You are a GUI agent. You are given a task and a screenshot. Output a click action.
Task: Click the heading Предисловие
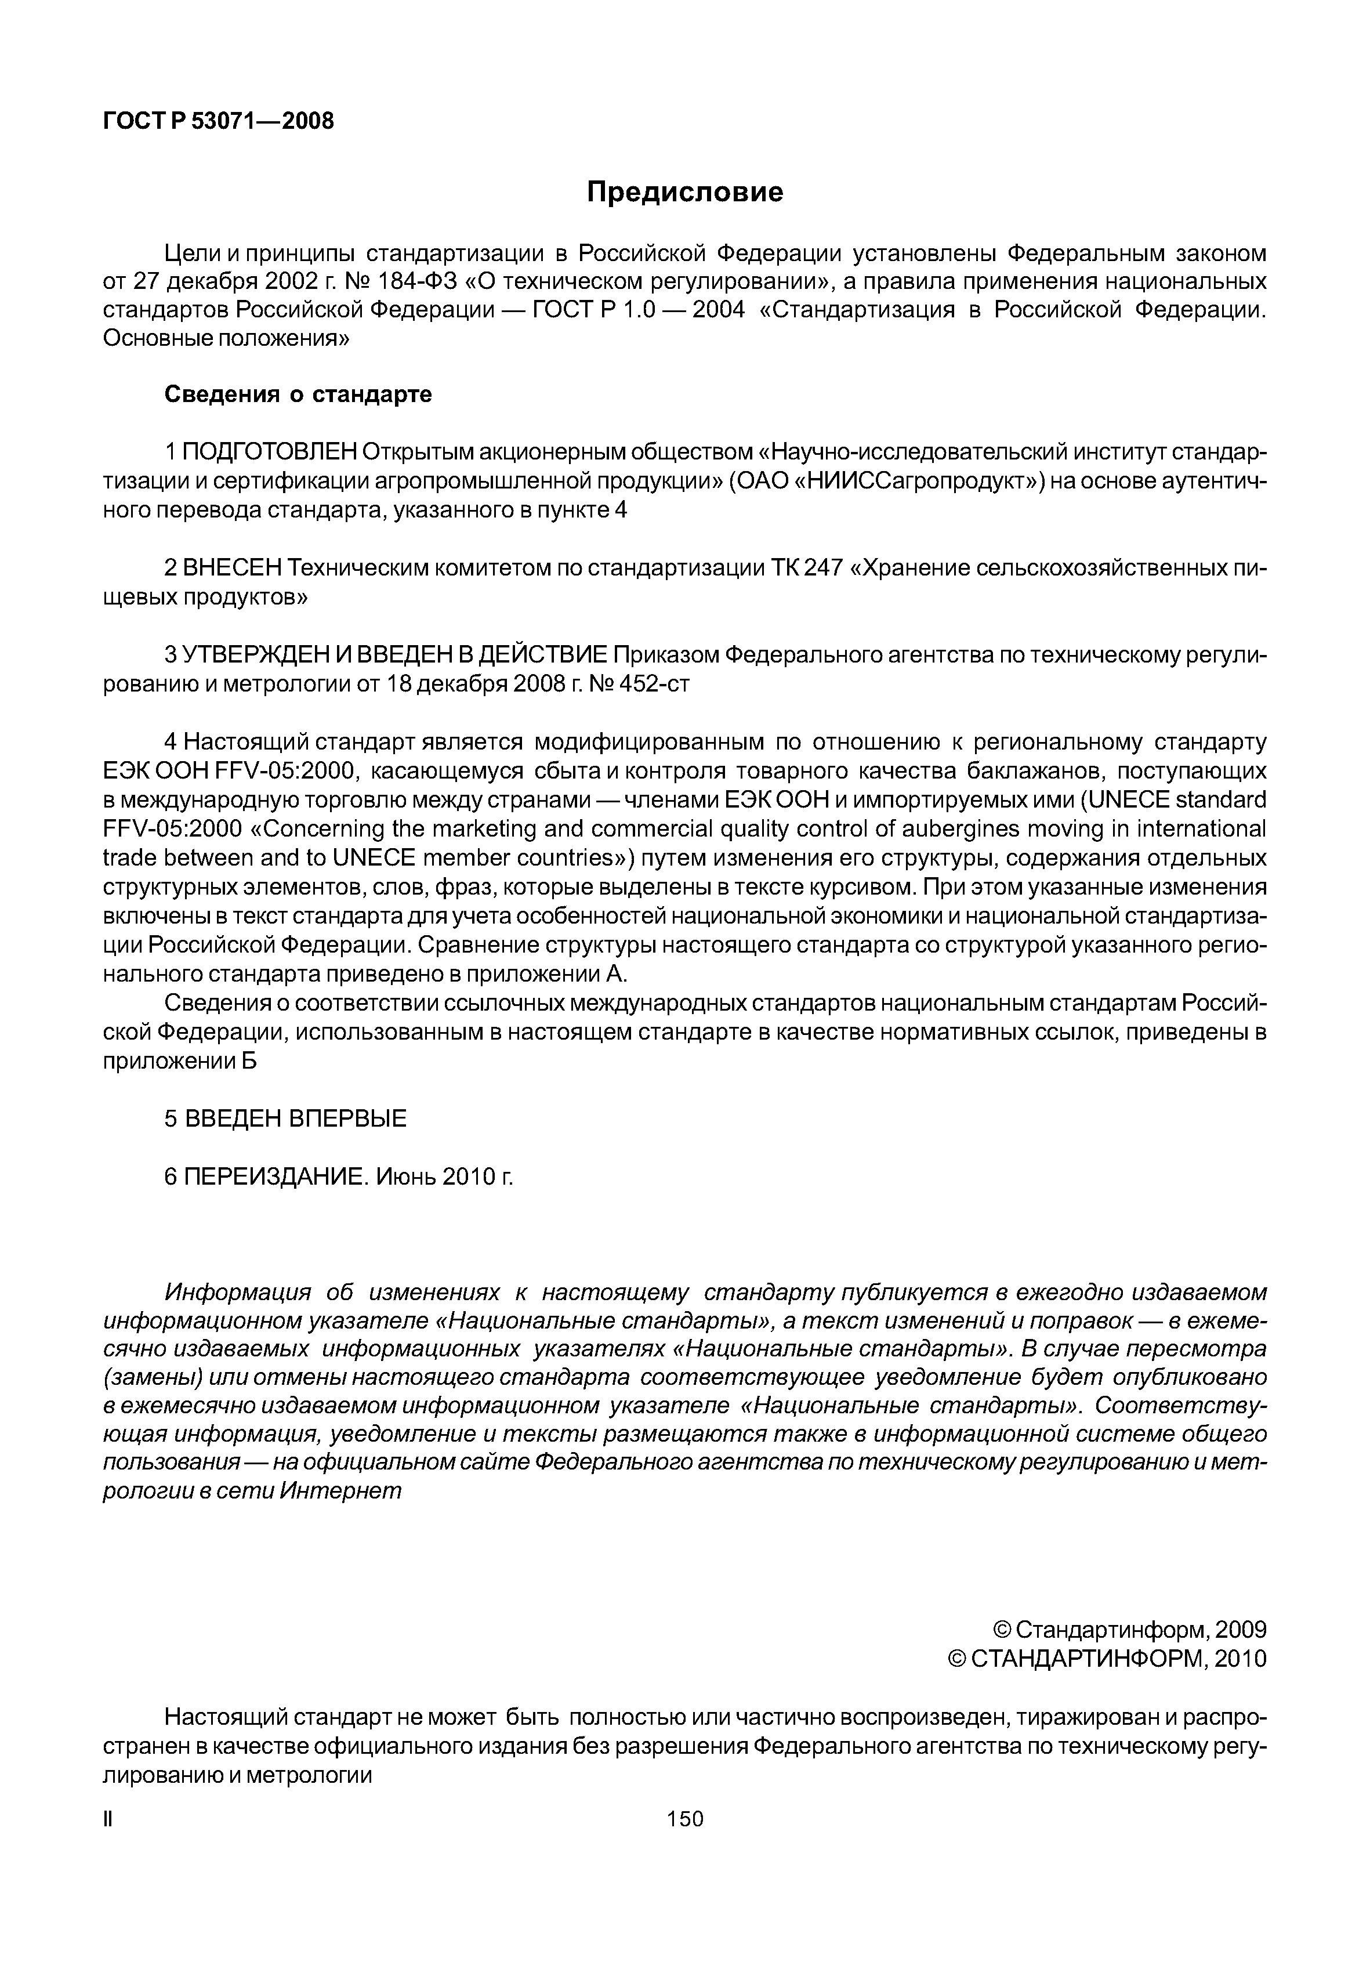point(684,193)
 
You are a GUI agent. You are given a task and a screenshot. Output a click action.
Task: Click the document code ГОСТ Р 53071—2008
point(218,121)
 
